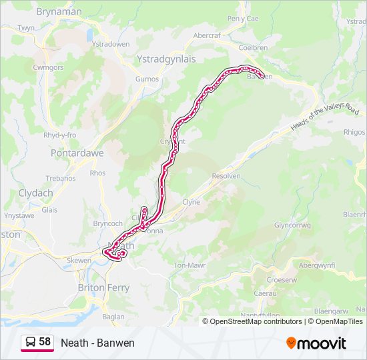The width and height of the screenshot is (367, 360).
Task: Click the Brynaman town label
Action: click(59, 11)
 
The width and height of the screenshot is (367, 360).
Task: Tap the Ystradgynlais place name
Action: click(165, 59)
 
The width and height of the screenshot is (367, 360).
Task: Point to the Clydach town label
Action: click(35, 193)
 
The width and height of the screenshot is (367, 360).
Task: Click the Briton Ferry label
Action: click(103, 287)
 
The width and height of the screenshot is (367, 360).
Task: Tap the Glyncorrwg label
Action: click(292, 225)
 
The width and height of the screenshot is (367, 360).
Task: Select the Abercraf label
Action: click(206, 35)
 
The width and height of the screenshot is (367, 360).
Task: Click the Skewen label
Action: click(79, 260)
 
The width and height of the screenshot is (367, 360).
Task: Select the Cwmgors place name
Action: click(47, 67)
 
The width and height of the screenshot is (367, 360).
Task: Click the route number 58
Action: click(45, 342)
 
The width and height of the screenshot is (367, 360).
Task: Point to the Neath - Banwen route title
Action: click(97, 343)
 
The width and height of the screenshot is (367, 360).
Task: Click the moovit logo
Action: click(316, 343)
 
